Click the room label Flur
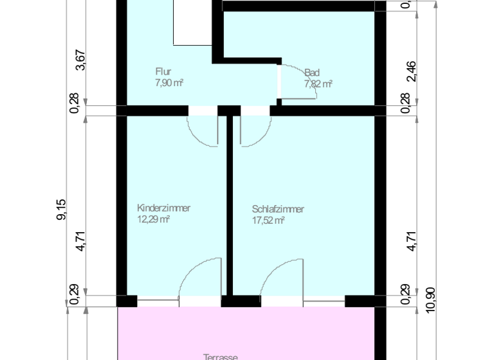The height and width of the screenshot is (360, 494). tap(163, 72)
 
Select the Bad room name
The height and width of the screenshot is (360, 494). tap(312, 73)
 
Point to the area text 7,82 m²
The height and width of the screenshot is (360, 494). tap(318, 84)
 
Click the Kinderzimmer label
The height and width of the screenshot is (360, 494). tap(163, 208)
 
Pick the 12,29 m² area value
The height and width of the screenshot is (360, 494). tap(153, 219)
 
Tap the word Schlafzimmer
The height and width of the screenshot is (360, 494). tap(278, 209)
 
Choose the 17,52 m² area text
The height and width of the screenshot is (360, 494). tap(268, 220)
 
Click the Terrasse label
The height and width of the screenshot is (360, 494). tap(222, 357)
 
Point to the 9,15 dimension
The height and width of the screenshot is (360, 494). tap(62, 210)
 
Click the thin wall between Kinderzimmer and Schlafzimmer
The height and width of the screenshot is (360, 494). tap(228, 206)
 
